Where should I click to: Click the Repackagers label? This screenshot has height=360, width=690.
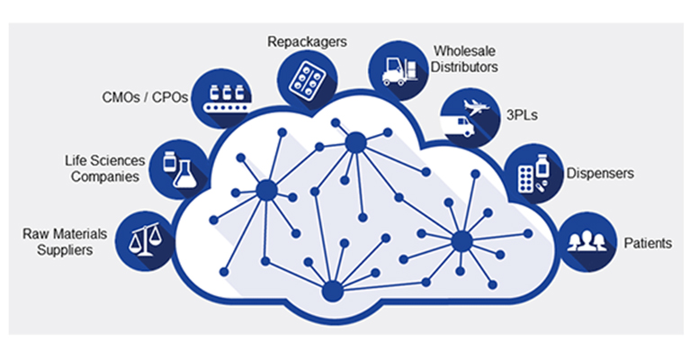tap(307, 41)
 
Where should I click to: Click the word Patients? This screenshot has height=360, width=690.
tap(648, 243)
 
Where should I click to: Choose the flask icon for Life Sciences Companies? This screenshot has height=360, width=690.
tap(178, 168)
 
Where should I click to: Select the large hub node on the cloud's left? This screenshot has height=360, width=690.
tap(266, 190)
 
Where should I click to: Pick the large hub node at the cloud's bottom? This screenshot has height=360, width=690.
tap(332, 291)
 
